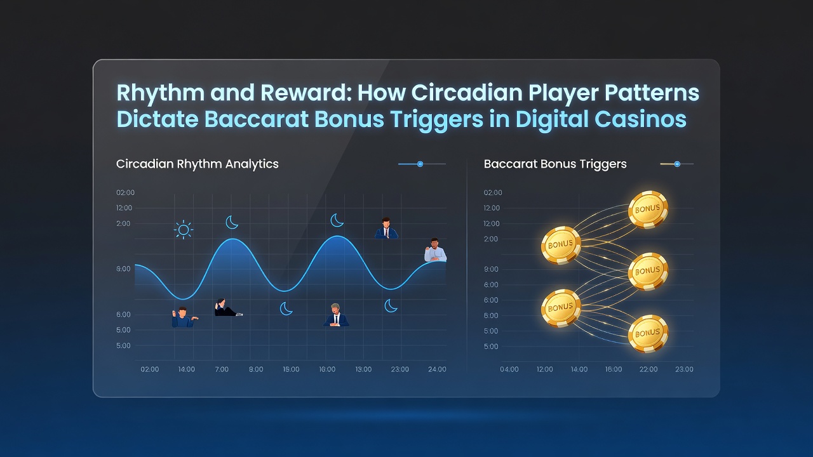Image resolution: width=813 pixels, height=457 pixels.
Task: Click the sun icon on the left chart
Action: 184,230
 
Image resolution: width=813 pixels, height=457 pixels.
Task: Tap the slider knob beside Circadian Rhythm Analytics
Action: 420,164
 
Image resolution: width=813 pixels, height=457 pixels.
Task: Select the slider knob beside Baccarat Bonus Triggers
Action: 677,164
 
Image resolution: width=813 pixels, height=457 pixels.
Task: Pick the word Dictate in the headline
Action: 158,119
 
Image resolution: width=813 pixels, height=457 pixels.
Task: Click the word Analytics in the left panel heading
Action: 252,164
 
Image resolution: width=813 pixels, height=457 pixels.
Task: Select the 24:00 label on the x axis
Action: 437,369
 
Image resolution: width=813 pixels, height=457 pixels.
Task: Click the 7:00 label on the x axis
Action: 222,369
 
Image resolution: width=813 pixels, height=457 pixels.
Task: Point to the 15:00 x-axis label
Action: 291,369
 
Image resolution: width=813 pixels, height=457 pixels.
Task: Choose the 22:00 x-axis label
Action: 648,369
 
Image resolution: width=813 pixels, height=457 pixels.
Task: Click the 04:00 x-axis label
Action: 509,369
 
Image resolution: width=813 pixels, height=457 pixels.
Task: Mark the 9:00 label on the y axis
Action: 491,269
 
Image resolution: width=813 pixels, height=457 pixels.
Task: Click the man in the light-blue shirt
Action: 435,250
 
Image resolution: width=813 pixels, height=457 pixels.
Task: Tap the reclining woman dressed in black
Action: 228,308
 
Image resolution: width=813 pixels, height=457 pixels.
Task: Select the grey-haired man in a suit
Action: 336,315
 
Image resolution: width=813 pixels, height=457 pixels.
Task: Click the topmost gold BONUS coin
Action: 648,209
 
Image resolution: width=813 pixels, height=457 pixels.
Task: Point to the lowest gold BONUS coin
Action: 648,334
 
